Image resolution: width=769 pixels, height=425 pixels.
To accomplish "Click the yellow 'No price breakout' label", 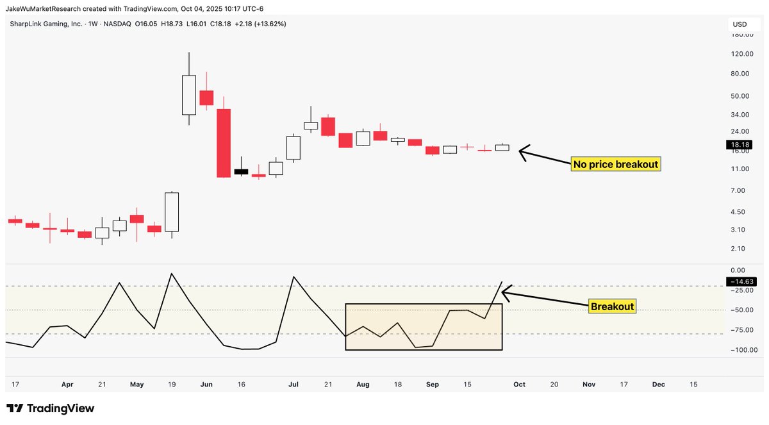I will click(x=615, y=164).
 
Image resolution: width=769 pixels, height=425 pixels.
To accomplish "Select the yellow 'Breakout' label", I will click(x=612, y=306).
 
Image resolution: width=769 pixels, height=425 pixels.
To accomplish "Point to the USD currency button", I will click(x=740, y=24).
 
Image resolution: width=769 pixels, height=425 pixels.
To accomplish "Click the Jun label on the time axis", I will click(x=206, y=385).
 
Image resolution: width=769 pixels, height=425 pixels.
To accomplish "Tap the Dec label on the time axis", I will click(x=658, y=385).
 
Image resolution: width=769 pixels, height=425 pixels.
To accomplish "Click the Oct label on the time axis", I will click(x=519, y=385).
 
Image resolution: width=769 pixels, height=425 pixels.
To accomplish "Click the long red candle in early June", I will click(x=224, y=143).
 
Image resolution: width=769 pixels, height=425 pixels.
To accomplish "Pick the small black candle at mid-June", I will click(x=241, y=172).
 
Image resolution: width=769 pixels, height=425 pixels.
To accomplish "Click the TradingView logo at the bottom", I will click(x=51, y=408).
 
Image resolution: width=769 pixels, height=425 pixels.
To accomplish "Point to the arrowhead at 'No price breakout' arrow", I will click(x=520, y=153).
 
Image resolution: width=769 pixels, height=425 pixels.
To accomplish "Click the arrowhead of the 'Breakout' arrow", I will click(x=503, y=293).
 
